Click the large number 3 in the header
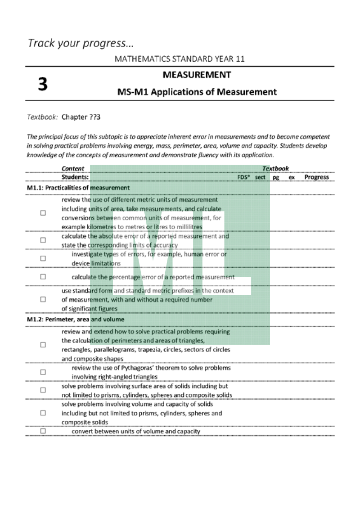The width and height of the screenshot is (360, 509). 42,84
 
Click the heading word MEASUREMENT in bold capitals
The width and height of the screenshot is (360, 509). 197,75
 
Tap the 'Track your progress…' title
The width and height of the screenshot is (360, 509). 81,43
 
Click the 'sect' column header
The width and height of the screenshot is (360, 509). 260,177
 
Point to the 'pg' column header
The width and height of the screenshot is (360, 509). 275,177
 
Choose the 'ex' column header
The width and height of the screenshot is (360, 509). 291,177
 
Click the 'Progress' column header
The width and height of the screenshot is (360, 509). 316,177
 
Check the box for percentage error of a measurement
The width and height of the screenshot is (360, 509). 43,277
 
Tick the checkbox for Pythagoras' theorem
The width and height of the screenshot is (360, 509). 43,372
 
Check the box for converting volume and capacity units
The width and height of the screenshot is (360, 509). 43,431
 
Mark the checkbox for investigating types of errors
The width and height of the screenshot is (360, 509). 43,258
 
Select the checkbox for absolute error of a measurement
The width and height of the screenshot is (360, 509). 43,240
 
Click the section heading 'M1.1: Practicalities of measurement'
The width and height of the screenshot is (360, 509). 78,187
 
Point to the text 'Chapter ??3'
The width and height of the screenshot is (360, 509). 81,117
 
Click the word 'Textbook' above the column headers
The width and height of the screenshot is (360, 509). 275,169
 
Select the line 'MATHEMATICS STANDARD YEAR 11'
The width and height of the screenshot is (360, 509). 180,59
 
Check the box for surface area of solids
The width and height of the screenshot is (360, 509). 43,390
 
